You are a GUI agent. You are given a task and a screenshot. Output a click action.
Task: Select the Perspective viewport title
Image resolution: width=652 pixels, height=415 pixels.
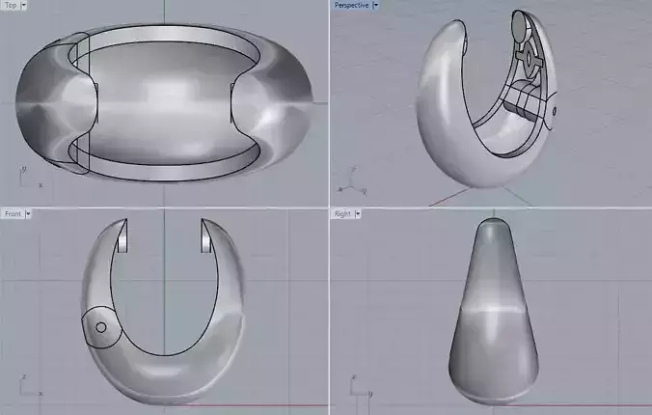[x=351, y=5]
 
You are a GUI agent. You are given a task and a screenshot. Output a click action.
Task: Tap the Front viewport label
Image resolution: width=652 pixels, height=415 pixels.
[x=13, y=213]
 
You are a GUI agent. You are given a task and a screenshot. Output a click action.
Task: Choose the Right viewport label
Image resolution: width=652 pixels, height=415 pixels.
[x=341, y=213]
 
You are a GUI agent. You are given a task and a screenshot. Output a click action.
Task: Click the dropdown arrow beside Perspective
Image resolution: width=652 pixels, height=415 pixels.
[x=375, y=5]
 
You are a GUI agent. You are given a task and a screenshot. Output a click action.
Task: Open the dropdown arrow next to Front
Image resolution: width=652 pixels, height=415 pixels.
[x=29, y=213]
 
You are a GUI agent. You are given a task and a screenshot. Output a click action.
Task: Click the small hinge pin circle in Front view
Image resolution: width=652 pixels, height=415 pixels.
[x=100, y=327]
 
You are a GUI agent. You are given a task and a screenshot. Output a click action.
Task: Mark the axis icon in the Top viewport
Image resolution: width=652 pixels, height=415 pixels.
[x=26, y=176]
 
